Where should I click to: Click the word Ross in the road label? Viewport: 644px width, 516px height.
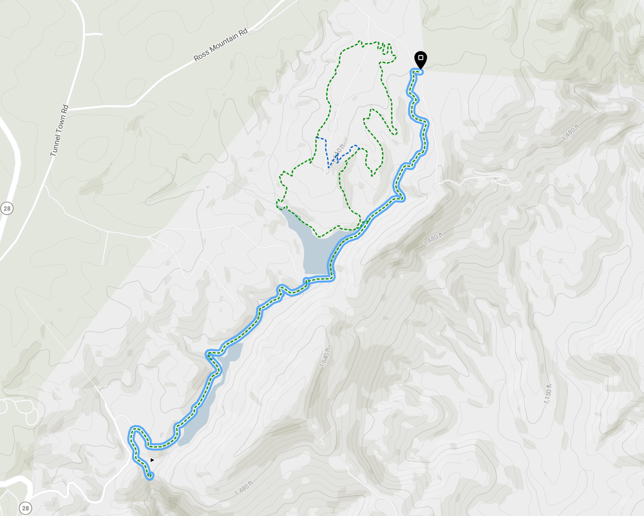201,57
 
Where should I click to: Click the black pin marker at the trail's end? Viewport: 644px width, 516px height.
421,60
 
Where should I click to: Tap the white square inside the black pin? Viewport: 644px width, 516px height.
421,58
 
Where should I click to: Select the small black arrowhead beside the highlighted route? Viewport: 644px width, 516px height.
152,460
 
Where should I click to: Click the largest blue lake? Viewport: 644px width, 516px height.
316,245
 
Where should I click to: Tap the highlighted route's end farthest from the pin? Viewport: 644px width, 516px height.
150,477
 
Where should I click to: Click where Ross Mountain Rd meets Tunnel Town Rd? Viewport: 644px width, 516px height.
70,108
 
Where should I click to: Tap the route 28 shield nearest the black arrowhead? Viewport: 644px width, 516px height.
25,508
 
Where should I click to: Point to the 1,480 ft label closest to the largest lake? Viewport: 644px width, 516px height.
435,240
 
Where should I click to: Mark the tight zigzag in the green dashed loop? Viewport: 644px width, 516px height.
386,49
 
